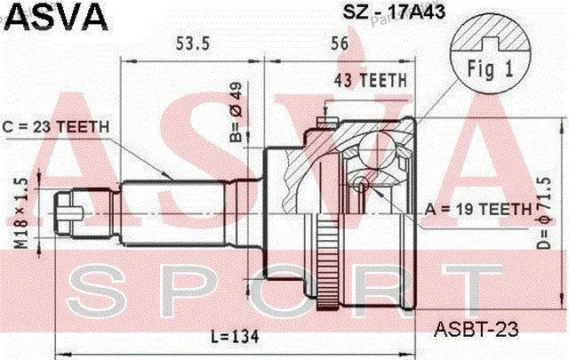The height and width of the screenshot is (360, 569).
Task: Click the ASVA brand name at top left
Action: (56, 16)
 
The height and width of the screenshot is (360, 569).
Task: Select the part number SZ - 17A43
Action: (394, 12)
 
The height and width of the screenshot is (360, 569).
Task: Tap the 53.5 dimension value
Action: (193, 44)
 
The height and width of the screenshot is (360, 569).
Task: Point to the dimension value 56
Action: (340, 44)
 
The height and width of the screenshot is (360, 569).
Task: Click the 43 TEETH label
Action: (370, 80)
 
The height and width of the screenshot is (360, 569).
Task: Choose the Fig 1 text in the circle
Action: (490, 68)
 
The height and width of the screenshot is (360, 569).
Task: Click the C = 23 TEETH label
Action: (55, 127)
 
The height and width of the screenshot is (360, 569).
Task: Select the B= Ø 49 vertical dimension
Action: (236, 112)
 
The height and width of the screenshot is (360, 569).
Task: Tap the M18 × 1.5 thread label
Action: (21, 213)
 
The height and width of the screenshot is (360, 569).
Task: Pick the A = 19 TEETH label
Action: (478, 210)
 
